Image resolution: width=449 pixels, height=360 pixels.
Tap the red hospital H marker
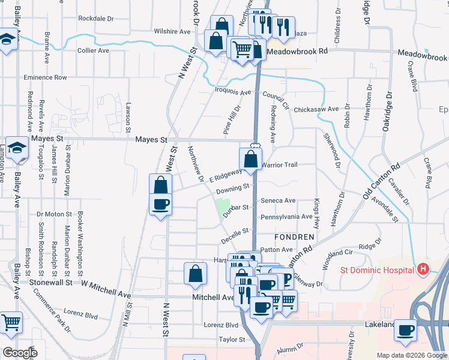423,269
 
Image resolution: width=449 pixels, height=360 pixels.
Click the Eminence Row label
45,77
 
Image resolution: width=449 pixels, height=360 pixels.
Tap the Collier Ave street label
93,50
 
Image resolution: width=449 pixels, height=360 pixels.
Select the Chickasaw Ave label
316,109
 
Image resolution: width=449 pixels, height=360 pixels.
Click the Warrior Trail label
279,164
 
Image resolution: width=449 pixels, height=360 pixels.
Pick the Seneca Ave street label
278,200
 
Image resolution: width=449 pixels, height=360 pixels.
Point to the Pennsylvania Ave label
286,216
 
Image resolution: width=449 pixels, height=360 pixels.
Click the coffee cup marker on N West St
160,204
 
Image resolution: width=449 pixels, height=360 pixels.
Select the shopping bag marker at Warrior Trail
250,160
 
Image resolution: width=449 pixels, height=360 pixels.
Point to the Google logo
20,353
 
